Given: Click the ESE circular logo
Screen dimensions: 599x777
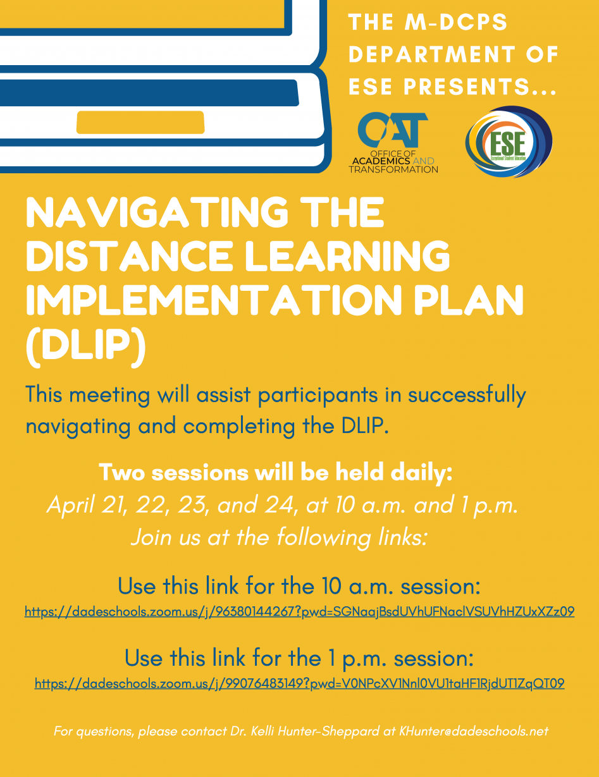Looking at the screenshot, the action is (x=509, y=142).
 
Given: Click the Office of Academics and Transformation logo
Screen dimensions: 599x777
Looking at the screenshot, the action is (x=393, y=143).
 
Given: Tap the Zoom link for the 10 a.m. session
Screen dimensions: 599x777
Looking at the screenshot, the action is (x=299, y=611).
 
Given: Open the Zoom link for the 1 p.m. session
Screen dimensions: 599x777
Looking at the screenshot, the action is (x=299, y=683).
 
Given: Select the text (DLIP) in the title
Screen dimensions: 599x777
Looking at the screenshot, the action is (x=86, y=347).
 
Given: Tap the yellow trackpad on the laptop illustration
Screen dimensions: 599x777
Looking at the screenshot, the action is (x=140, y=122).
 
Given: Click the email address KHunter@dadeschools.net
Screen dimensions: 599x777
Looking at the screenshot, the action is (x=474, y=731).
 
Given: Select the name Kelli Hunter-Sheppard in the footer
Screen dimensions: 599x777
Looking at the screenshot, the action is (x=315, y=731).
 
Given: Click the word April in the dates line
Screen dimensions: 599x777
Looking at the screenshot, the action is (x=70, y=506).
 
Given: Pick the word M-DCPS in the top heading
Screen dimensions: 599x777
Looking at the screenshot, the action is (x=456, y=22).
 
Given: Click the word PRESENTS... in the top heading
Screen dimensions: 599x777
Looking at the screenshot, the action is (x=480, y=87).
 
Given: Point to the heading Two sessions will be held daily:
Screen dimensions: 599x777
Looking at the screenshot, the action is (x=276, y=472).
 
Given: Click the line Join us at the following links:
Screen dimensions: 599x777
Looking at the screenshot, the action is (x=280, y=537).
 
